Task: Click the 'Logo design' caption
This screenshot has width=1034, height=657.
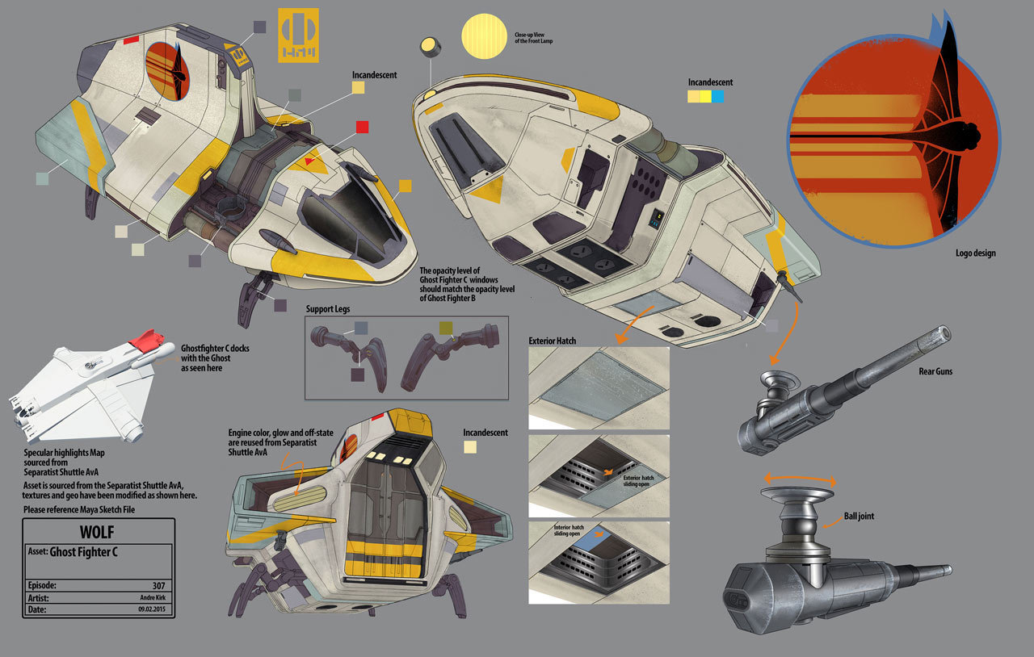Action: [x=974, y=253]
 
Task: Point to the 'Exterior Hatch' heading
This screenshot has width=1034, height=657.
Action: [x=553, y=341]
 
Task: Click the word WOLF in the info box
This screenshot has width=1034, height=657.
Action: [x=97, y=532]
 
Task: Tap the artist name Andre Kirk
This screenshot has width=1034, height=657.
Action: [x=153, y=598]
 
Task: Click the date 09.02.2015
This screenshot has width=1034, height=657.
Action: [x=151, y=610]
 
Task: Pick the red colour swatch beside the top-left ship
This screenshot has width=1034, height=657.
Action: [x=363, y=127]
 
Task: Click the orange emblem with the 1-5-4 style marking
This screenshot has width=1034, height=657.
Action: [x=298, y=36]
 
